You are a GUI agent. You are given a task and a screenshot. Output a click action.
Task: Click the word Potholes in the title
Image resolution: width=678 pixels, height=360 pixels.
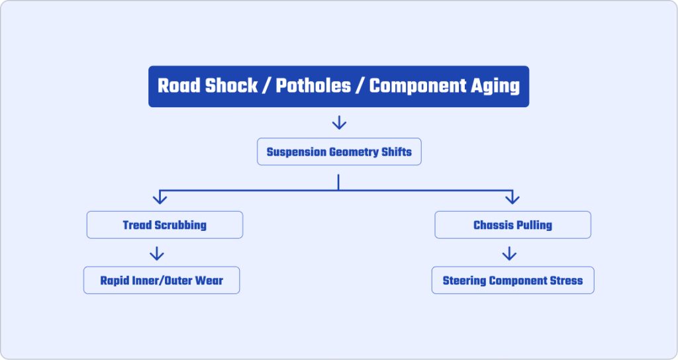313,85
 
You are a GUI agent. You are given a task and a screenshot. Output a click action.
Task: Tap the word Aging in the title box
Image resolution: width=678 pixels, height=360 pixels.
495,87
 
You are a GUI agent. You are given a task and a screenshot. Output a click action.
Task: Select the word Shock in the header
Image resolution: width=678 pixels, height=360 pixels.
231,85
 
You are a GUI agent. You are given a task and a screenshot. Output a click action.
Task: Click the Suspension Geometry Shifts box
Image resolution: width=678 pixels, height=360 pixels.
339,152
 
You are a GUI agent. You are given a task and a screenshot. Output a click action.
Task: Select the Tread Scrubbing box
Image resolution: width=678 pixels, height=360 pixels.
165,225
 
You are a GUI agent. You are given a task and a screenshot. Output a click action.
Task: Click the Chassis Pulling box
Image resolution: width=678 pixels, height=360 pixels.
513,225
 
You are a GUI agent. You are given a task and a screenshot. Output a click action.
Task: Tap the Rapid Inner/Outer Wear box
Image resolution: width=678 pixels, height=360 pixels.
162,280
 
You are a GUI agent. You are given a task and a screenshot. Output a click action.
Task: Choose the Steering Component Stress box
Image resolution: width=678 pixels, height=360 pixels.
513,280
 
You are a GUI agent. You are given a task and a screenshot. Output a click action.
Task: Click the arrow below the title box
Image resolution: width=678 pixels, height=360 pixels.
339,122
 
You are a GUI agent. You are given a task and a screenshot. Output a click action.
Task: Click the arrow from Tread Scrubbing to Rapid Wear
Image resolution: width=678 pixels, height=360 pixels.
156,253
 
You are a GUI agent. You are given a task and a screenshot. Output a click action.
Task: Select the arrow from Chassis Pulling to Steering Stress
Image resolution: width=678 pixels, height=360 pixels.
509,253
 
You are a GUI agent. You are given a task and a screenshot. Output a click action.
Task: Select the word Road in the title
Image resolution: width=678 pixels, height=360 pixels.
179,85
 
